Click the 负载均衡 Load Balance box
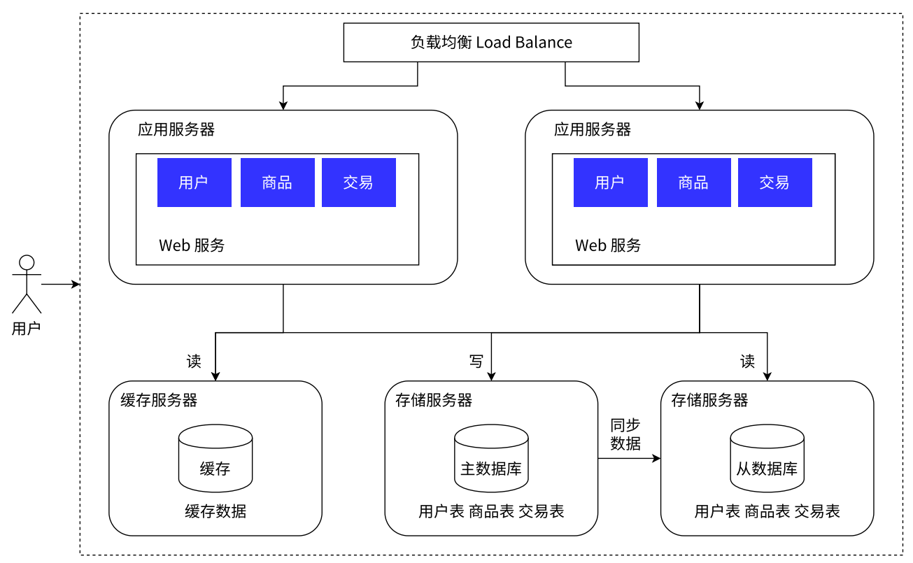pos(491,43)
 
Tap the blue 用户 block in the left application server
pos(194,183)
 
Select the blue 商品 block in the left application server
pos(277,183)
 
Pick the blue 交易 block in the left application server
pos(358,183)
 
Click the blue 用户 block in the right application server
pos(610,183)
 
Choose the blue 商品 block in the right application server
pos(693,183)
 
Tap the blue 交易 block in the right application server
pos(774,183)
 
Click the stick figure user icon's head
pos(27,263)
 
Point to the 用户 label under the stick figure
pos(27,328)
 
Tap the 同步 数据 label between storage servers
pos(625,434)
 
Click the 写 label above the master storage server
pos(476,362)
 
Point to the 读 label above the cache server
pos(194,362)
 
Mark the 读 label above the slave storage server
pos(748,362)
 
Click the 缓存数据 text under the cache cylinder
pos(215,511)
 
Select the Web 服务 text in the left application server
pos(192,245)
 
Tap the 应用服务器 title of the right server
pos(592,129)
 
